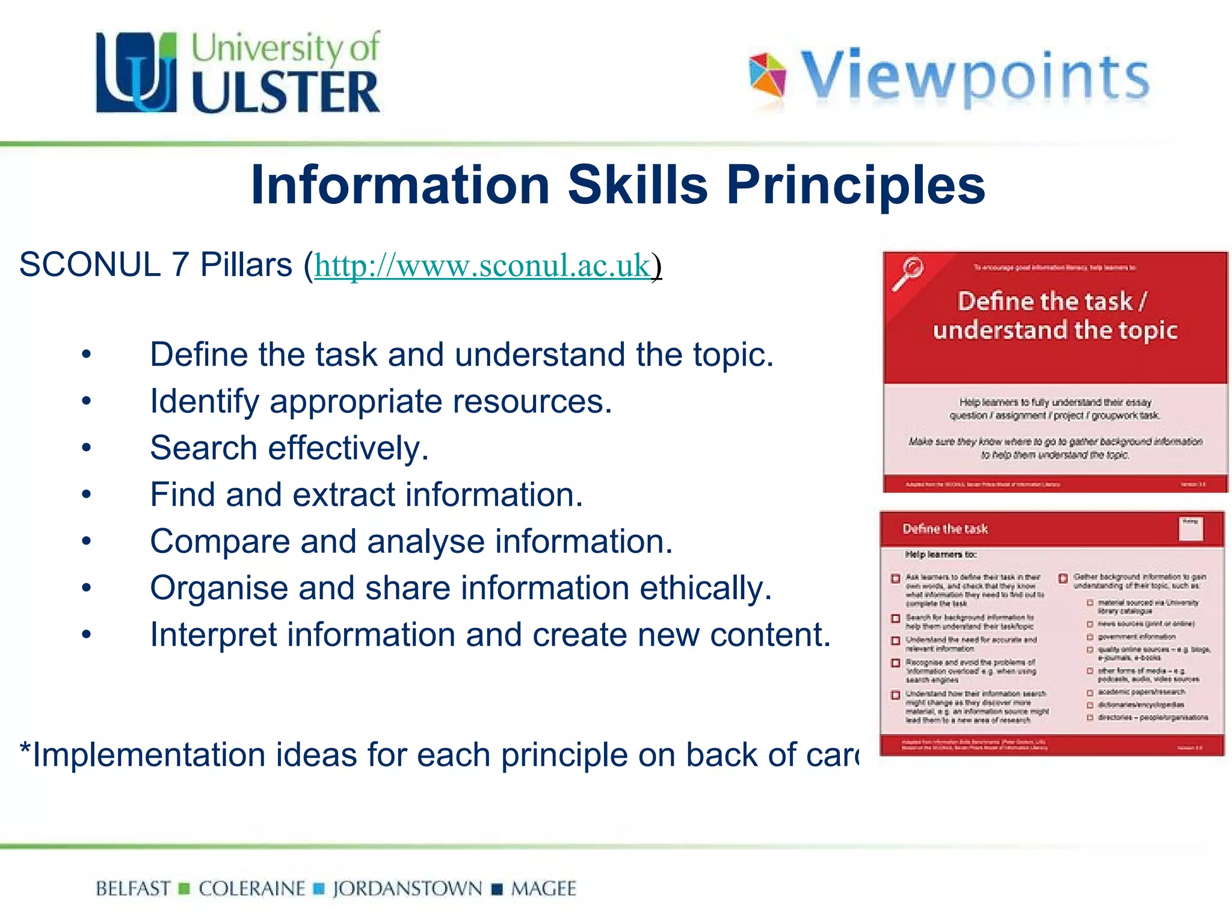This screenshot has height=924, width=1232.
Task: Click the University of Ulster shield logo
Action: [x=137, y=73]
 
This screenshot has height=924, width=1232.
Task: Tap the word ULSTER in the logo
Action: [x=286, y=92]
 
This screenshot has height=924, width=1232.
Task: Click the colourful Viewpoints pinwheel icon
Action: [x=767, y=76]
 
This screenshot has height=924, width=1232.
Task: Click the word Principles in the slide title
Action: [x=855, y=185]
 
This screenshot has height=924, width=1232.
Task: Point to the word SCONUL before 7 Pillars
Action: [x=90, y=265]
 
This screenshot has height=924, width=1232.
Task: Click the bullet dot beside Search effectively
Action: [x=87, y=448]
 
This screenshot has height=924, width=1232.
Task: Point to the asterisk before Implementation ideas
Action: [x=25, y=750]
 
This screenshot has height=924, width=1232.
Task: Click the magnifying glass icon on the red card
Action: [x=908, y=273]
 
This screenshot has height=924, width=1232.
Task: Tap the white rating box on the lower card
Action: [x=1190, y=529]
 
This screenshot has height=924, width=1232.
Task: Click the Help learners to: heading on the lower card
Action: [x=941, y=555]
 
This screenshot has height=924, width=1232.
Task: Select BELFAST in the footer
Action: [x=133, y=889]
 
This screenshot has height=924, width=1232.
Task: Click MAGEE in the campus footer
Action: [x=543, y=889]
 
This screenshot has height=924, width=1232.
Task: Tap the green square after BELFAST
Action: [x=185, y=889]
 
